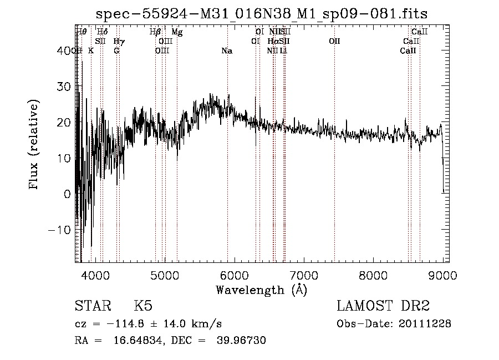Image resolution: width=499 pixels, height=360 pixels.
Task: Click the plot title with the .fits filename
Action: pyautogui.click(x=261, y=13)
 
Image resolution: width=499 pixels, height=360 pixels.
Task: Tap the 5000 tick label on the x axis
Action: pyautogui.click(x=165, y=275)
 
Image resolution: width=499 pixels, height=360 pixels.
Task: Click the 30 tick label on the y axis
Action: pyautogui.click(x=65, y=87)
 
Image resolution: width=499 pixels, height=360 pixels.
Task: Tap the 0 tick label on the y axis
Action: pyautogui.click(x=68, y=194)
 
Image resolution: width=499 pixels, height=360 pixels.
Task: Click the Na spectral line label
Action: pyautogui.click(x=227, y=51)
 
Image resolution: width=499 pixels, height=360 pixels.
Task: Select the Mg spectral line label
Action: pyautogui.click(x=177, y=32)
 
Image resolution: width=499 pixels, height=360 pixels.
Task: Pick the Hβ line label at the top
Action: pyautogui.click(x=155, y=32)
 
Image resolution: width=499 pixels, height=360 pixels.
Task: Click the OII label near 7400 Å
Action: pyautogui.click(x=334, y=42)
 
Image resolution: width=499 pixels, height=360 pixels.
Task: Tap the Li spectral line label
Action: pyautogui.click(x=283, y=51)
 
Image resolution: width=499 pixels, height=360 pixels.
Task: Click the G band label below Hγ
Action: pyautogui.click(x=116, y=51)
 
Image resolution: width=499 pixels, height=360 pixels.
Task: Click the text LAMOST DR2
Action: pyautogui.click(x=383, y=306)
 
